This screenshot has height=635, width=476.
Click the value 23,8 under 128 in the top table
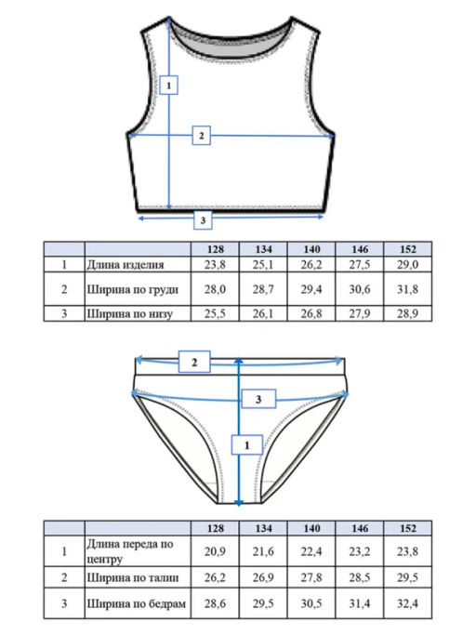point(215,264)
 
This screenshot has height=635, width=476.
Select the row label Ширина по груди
point(132,289)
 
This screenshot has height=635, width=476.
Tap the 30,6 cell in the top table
point(360,289)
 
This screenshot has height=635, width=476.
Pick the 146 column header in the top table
point(360,249)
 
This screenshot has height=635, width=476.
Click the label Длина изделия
point(126,265)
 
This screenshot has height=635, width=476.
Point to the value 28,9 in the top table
point(407,313)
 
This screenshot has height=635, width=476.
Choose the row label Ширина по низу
point(129,313)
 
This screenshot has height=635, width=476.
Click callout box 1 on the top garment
point(168,85)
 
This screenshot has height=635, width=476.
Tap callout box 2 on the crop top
point(202,136)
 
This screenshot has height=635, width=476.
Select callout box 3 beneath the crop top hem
point(203,220)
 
